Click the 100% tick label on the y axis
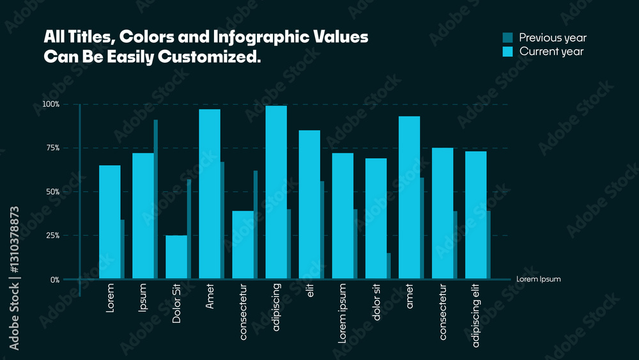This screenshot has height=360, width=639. click(51, 104)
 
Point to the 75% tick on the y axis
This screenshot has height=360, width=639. click(52, 148)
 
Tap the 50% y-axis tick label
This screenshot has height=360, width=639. click(52, 192)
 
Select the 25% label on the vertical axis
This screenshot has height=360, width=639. click(52, 236)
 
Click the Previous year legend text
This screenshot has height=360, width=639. click(552, 38)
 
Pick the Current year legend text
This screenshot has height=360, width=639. click(551, 52)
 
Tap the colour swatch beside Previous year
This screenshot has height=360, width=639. click(508, 38)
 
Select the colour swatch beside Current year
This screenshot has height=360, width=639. click(508, 52)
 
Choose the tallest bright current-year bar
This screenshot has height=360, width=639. click(276, 192)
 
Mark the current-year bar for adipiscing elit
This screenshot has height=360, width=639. click(475, 215)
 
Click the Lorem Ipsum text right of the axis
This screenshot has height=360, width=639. click(538, 279)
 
